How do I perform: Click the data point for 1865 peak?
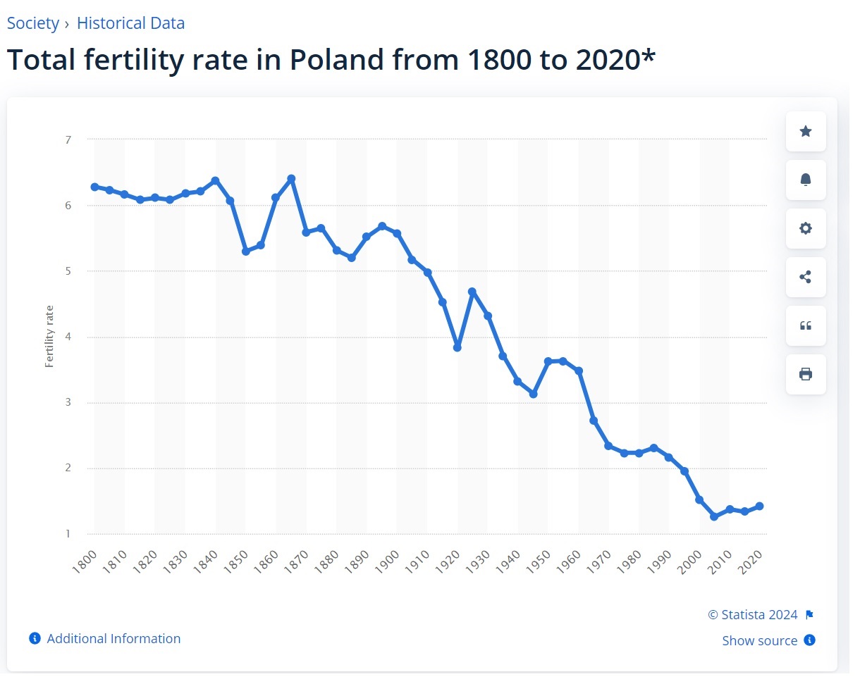point(291,179)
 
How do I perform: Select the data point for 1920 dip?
point(457,348)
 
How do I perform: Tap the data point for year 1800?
point(94,187)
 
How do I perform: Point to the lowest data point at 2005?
point(714,516)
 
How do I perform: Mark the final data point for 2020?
point(759,506)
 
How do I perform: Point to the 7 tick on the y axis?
point(68,139)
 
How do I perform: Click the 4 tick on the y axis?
point(68,337)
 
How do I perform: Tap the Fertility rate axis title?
point(49,336)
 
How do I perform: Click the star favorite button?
point(806,131)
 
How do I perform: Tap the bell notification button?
point(806,180)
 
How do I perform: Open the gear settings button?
point(806,228)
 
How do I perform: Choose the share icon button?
point(806,277)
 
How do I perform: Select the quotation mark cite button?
point(806,325)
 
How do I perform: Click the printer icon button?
point(806,374)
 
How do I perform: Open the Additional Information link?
point(113,639)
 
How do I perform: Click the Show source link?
point(760,641)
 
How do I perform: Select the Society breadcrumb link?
point(33,23)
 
